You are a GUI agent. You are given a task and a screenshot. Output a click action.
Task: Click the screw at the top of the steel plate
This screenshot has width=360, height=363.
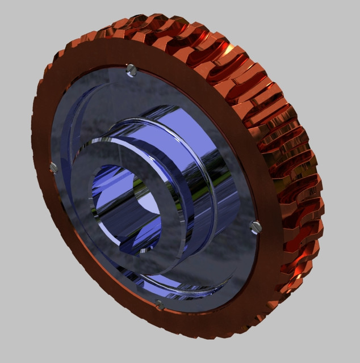[132, 70]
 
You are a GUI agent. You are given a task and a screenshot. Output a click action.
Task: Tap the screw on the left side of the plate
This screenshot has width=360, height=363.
[54, 167]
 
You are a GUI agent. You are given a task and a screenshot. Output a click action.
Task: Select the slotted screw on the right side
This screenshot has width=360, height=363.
[255, 226]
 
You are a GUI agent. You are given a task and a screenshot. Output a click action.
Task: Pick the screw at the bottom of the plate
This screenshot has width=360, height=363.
[160, 305]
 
